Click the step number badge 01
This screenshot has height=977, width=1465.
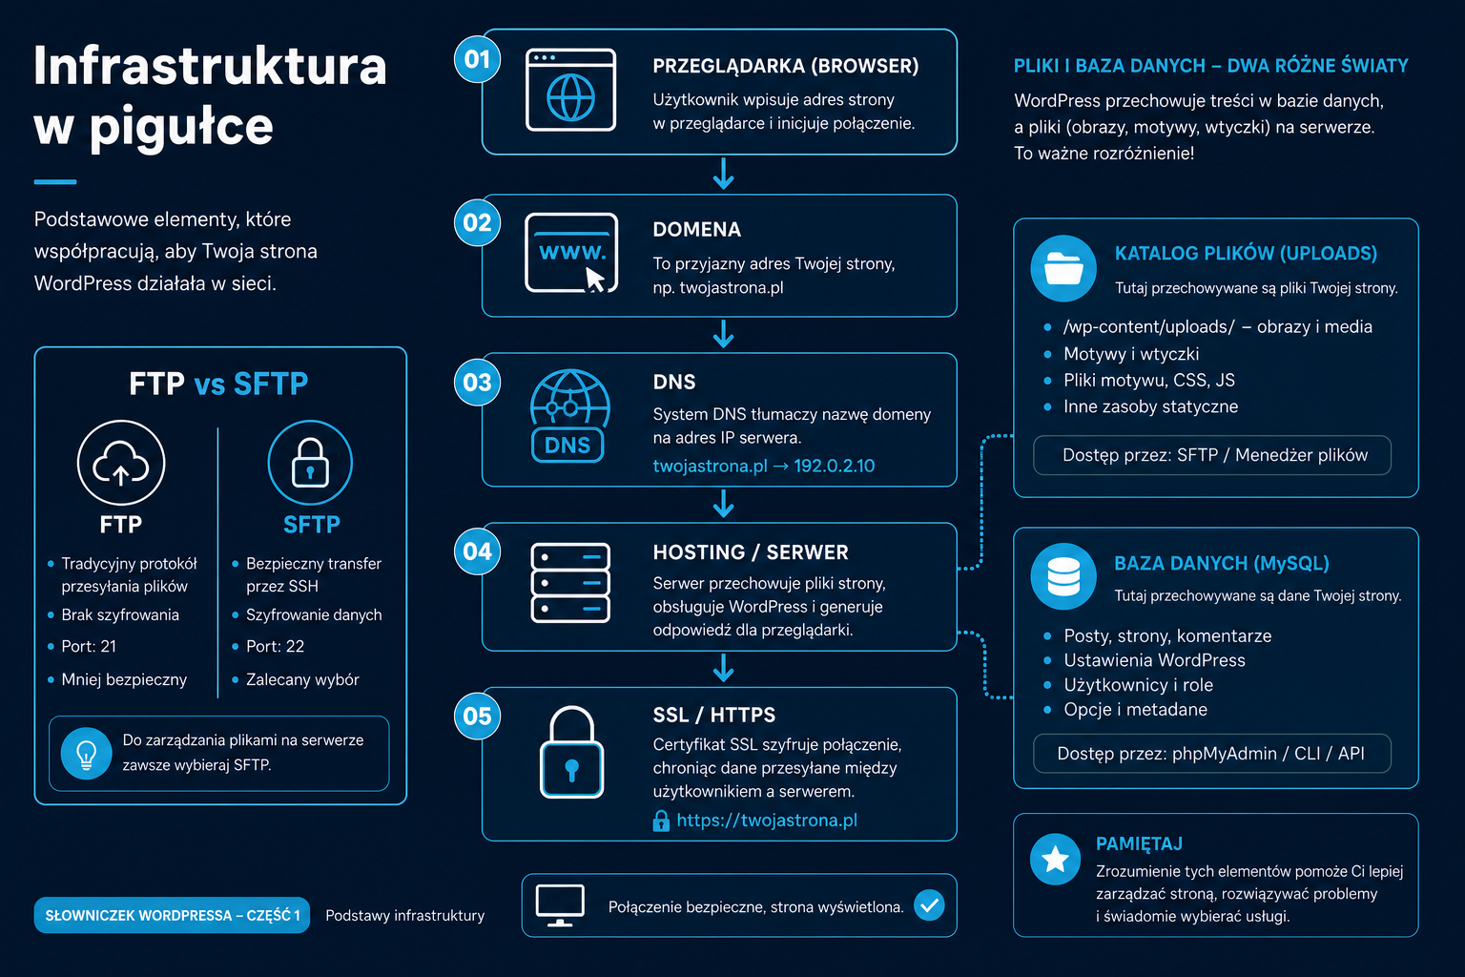coord(478,59)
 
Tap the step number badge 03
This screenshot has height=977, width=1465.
coord(478,383)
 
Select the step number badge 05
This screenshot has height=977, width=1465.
coord(478,716)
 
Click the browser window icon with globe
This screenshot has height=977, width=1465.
coord(571,91)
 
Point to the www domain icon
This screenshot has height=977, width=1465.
coord(571,253)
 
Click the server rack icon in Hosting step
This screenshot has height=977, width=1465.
coord(570,582)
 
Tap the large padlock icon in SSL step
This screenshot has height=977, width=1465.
coord(571,752)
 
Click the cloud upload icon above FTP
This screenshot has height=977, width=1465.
coord(121,463)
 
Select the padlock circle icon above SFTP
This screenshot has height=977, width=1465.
coord(310,463)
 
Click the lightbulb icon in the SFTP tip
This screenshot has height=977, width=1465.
coord(87,753)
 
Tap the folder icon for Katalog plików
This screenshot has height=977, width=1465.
coord(1063,268)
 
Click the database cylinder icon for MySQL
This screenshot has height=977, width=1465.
coord(1063,576)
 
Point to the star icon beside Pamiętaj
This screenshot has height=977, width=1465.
coord(1055,860)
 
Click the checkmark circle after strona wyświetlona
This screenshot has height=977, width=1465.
coord(929,905)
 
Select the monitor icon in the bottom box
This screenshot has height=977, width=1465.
coord(560,905)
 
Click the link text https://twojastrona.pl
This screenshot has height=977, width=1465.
coord(767,821)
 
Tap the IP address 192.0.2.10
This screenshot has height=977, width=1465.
coord(834,466)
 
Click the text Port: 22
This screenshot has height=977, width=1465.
coord(275,647)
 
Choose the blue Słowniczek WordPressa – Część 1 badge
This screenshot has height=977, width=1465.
coord(172,915)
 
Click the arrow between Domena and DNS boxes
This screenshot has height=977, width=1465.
coord(723,334)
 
